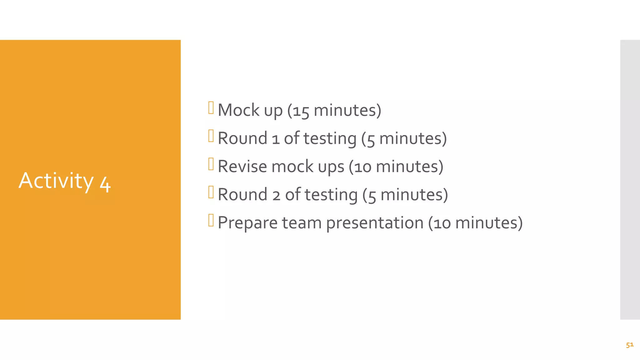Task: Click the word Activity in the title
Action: pos(56,181)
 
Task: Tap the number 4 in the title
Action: pos(105,184)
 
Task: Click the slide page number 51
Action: pos(630,345)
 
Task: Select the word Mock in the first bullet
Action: pos(238,110)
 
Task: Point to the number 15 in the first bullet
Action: pos(301,112)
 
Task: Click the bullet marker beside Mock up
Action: pos(211,108)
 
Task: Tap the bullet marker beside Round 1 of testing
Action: pos(211,136)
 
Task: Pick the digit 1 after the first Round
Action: pos(276,139)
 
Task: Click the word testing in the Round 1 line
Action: pos(330,139)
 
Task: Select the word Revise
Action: pos(242,167)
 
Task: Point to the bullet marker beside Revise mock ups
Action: pos(211,164)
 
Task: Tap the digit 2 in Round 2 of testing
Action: pos(276,196)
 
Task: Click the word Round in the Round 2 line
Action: pos(242,195)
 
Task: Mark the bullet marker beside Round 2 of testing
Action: pos(211,192)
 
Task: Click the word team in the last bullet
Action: pos(302,223)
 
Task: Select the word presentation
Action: pos(375,223)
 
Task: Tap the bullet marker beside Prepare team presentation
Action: pos(211,220)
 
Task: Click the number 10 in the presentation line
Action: pos(442,224)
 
